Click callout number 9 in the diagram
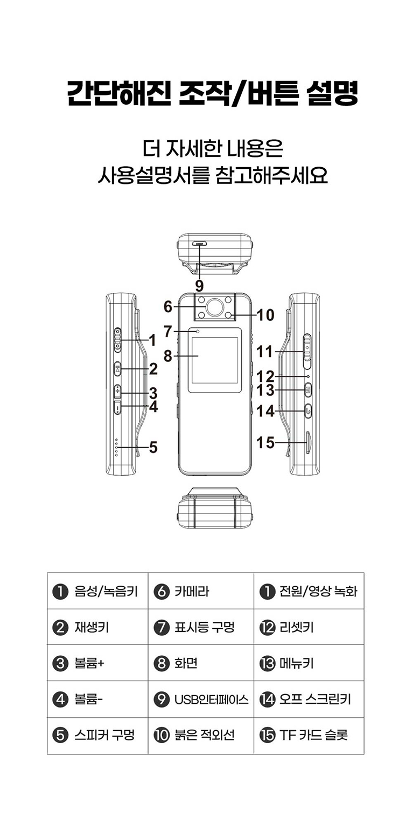pyautogui.click(x=199, y=285)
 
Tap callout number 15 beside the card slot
pyautogui.click(x=265, y=443)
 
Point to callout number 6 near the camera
pyautogui.click(x=168, y=307)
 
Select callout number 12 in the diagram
pyautogui.click(x=266, y=376)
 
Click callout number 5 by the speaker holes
pyautogui.click(x=153, y=447)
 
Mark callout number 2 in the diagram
pyautogui.click(x=153, y=369)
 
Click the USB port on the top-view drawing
pyautogui.click(x=200, y=244)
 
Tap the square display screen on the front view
pyautogui.click(x=214, y=360)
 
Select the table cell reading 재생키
pyautogui.click(x=97, y=627)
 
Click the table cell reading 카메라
pyautogui.click(x=200, y=591)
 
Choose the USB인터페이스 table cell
pyautogui.click(x=200, y=699)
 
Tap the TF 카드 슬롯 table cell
pyautogui.click(x=309, y=736)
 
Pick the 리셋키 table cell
pyautogui.click(x=309, y=627)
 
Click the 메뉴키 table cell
pyautogui.click(x=309, y=663)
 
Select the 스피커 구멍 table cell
pyautogui.click(x=97, y=736)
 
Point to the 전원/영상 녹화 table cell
pyautogui.click(x=309, y=591)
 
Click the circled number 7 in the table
pyautogui.click(x=162, y=628)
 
